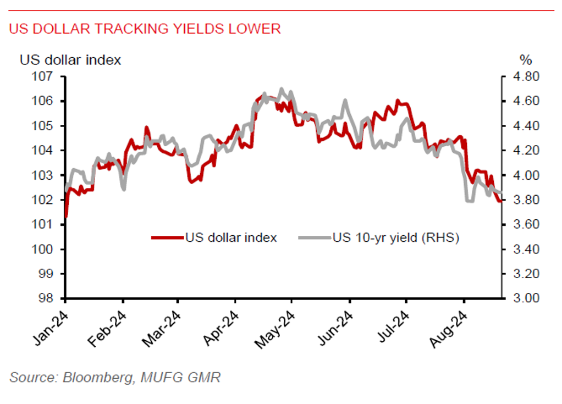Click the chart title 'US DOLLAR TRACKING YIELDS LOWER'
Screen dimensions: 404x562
145,29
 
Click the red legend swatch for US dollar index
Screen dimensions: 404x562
167,237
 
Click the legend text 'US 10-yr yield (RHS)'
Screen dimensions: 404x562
395,237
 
